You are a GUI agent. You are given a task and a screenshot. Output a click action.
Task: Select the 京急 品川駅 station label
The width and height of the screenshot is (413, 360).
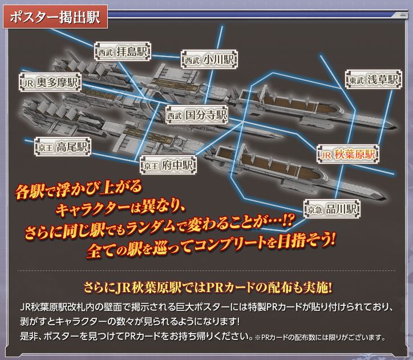pos(332,209)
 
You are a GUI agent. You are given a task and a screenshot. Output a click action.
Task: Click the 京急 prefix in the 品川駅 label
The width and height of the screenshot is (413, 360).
pos(315,209)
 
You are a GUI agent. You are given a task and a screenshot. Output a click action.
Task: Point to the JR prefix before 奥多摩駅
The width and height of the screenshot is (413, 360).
pos(27,83)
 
